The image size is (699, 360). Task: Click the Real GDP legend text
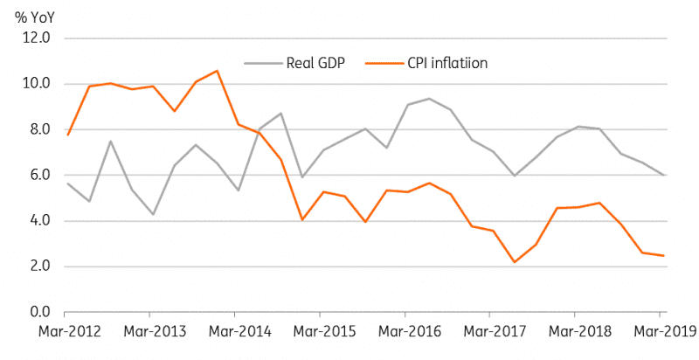[x=316, y=63]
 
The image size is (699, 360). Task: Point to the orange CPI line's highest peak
[x=217, y=71]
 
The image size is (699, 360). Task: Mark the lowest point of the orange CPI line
[x=515, y=262]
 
